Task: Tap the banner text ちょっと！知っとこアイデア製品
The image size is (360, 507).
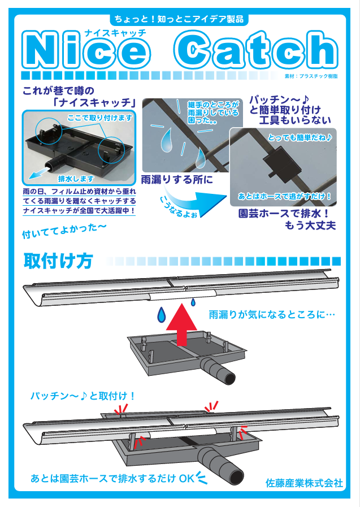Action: (179, 19)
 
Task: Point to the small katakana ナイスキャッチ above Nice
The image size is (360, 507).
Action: (115, 33)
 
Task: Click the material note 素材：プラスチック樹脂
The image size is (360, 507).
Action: (311, 76)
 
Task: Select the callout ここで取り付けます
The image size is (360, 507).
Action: (100, 118)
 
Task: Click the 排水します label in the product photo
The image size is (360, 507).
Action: (76, 179)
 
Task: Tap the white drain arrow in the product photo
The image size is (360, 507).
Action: (39, 172)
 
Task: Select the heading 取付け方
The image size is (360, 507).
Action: (58, 261)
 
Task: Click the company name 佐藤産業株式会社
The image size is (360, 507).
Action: (304, 483)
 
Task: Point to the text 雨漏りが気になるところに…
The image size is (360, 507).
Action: (272, 314)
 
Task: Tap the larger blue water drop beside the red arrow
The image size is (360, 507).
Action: (161, 315)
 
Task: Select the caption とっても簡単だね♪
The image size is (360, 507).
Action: (300, 138)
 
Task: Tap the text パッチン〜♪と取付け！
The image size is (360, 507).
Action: (83, 396)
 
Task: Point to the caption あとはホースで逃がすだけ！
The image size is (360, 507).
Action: (285, 196)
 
